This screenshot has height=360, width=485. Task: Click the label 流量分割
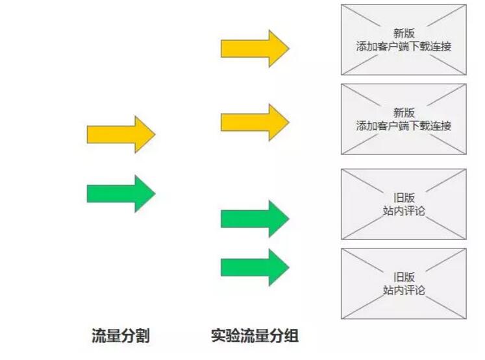(121, 336)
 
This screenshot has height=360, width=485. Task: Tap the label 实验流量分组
(255, 336)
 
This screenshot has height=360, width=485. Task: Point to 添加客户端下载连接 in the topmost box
(404, 47)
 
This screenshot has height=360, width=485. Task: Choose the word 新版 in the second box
(404, 112)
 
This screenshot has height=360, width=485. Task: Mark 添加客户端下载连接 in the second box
(404, 126)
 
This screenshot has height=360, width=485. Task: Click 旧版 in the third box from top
(404, 197)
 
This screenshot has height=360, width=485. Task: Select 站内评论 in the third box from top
(404, 211)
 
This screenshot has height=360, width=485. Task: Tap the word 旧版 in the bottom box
(404, 276)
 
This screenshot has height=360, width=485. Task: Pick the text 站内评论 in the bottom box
(404, 290)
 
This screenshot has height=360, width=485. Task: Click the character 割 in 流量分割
(143, 336)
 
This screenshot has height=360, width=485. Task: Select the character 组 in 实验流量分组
(292, 336)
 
